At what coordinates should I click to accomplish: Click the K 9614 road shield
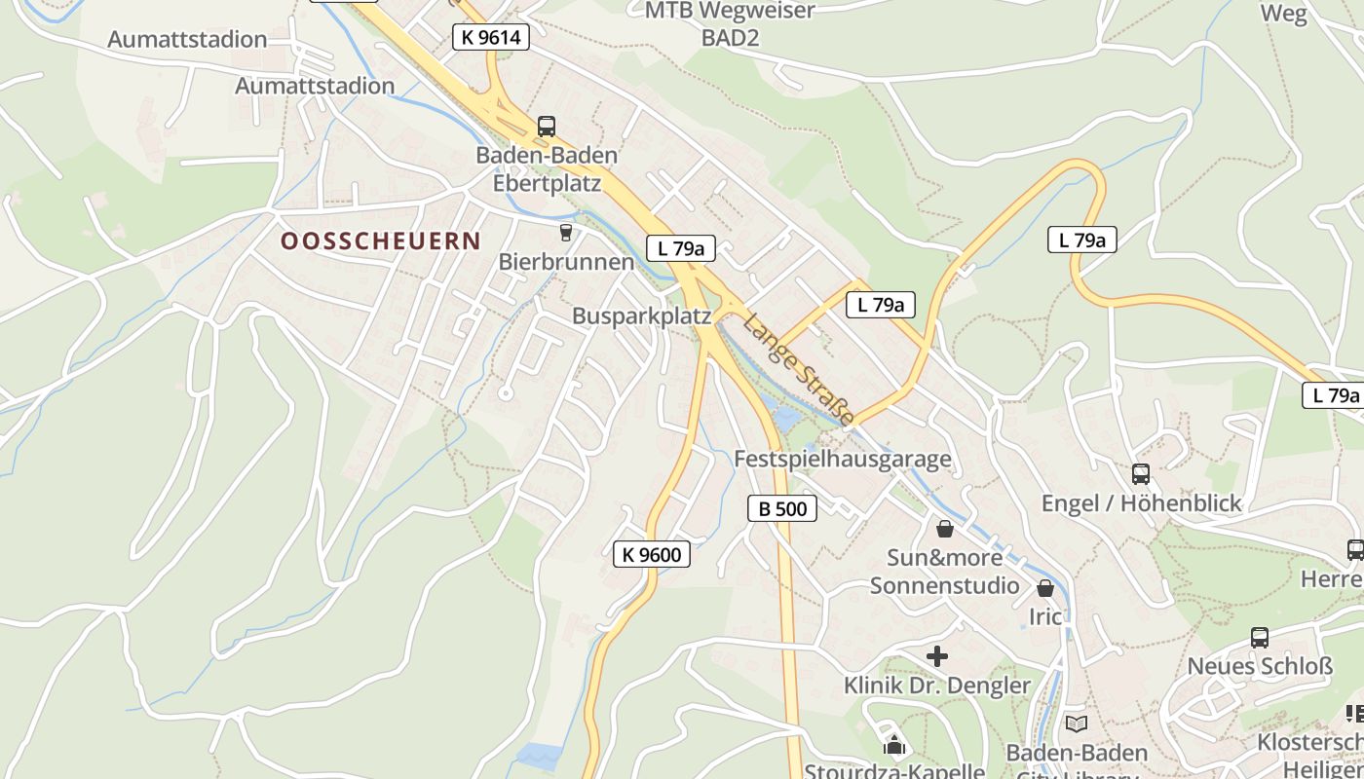491,38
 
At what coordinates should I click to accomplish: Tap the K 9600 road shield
652,555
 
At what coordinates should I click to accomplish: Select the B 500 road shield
782,508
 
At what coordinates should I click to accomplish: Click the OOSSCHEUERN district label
381,241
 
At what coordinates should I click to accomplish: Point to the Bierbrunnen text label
566,262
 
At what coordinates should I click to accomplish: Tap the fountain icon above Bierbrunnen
565,233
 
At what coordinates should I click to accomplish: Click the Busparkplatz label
641,316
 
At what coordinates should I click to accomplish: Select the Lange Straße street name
798,368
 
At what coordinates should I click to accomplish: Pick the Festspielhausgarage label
842,459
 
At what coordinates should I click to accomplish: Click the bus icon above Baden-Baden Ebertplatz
547,127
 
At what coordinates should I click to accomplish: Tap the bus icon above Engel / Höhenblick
1141,474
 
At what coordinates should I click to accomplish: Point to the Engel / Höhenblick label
1141,503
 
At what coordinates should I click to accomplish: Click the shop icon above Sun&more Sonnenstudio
944,529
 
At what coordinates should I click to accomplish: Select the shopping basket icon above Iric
1045,588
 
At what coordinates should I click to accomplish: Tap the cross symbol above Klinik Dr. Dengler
936,656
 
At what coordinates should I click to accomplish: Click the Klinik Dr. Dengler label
936,686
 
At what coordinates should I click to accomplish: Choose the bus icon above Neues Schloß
1260,638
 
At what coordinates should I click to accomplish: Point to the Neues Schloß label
1260,667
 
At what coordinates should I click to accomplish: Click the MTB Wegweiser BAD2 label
730,24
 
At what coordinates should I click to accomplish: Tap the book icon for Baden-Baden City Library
1076,723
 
